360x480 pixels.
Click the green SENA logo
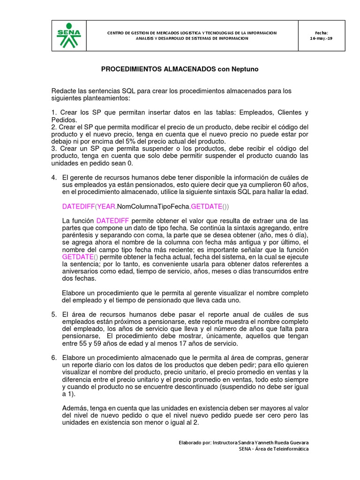coord(68,36)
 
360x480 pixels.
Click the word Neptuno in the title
coord(243,69)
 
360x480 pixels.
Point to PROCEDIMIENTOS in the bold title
coord(130,69)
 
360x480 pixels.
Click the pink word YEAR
coord(106,207)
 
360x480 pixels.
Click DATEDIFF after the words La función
coord(112,220)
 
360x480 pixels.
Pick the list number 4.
coord(54,177)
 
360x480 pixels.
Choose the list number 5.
coord(54,314)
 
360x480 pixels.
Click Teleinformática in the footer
coord(289,450)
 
